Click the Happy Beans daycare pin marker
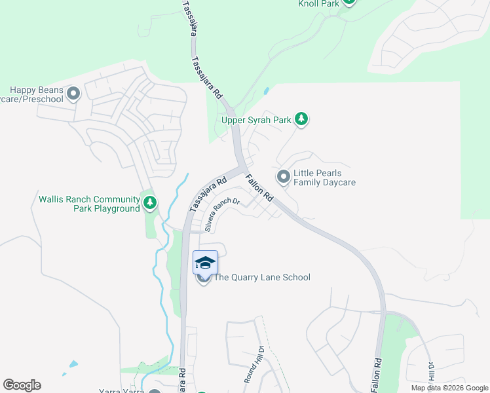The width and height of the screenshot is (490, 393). [x=73, y=94]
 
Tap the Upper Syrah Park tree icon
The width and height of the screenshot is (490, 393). [x=301, y=119]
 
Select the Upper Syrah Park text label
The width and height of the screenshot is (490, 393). [x=256, y=120]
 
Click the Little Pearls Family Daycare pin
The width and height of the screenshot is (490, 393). [x=284, y=177]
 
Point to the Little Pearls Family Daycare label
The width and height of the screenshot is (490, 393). [x=324, y=178]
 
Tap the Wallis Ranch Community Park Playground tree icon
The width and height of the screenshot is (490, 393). [x=150, y=203]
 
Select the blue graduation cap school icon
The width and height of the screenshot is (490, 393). [x=205, y=262]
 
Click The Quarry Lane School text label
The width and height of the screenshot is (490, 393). [x=262, y=277]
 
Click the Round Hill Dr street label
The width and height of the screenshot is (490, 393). [x=253, y=364]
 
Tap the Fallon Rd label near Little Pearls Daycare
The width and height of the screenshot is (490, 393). [x=259, y=187]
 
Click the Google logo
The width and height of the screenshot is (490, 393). [x=22, y=385]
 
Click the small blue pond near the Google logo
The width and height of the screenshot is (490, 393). [x=73, y=364]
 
